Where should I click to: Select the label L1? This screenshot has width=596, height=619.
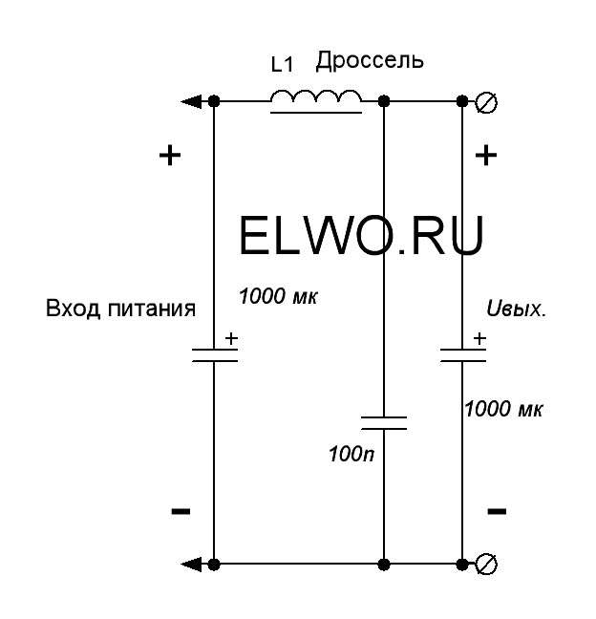tap(282, 65)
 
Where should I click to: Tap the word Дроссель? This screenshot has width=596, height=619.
tap(370, 61)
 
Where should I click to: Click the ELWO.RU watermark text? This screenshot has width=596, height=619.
tap(361, 236)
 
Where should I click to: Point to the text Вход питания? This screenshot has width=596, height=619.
tap(120, 309)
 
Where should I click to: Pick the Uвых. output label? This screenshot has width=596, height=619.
tap(517, 309)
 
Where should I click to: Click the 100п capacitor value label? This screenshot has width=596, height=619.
tap(351, 455)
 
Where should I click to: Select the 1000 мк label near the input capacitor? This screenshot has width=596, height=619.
tap(278, 296)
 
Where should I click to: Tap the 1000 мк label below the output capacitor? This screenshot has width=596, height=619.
tap(503, 409)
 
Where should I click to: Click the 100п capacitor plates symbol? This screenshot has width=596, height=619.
tap(384, 423)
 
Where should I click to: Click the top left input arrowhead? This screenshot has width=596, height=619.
tap(191, 102)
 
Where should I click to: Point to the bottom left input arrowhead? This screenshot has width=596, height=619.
tap(191, 565)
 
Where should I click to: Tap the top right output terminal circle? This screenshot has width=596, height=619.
tap(486, 102)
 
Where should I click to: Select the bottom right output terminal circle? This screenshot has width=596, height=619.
tap(486, 565)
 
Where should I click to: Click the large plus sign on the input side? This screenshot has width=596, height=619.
tap(170, 155)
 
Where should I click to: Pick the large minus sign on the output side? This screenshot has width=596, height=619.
tap(497, 511)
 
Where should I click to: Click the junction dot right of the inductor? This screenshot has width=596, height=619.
tap(384, 102)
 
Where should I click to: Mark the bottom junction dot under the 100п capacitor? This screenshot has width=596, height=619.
tap(384, 565)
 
